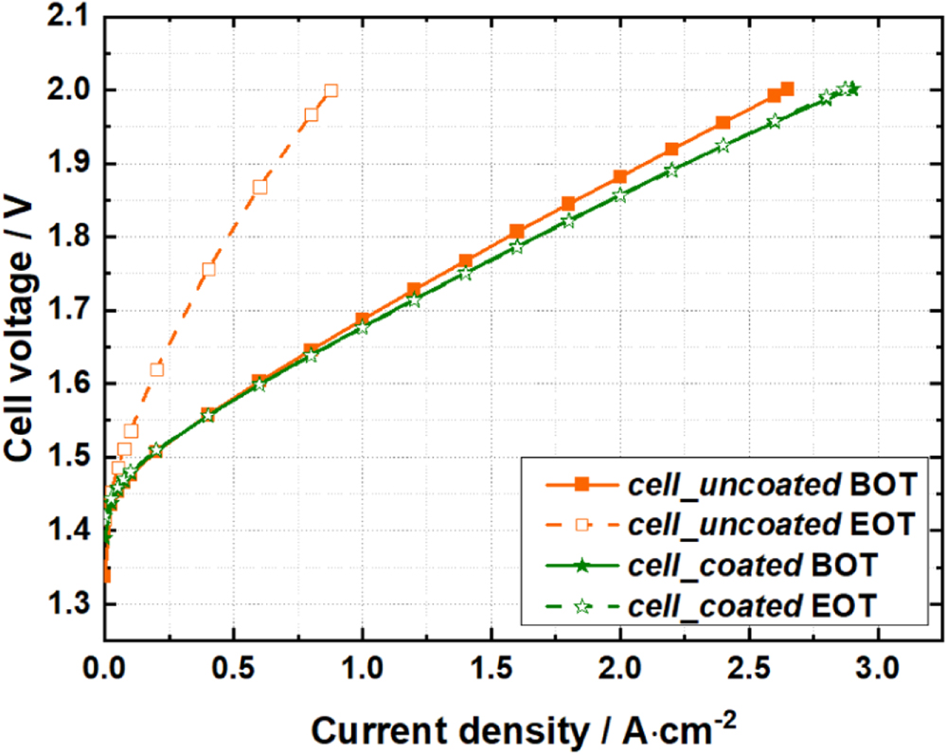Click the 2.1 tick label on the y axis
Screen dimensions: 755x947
pyautogui.click(x=66, y=17)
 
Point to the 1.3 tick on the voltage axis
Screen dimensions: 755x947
pyautogui.click(x=66, y=603)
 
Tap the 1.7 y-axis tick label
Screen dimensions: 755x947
pyautogui.click(x=66, y=310)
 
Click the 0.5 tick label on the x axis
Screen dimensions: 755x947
pyautogui.click(x=233, y=674)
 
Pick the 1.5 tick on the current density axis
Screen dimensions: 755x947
pyautogui.click(x=491, y=674)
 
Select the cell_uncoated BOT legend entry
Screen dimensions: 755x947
pyautogui.click(x=729, y=484)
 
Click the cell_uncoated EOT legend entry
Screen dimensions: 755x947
pyautogui.click(x=729, y=524)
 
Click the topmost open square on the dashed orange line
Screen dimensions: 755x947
pyautogui.click(x=331, y=91)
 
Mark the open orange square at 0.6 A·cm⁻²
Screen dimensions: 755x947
pyautogui.click(x=259, y=187)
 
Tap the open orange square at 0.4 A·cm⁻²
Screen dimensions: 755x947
pyautogui.click(x=208, y=269)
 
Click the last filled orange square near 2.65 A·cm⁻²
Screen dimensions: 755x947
pyautogui.click(x=787, y=89)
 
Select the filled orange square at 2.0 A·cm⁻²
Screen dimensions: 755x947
pyautogui.click(x=620, y=177)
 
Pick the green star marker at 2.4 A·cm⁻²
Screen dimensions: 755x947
pyautogui.click(x=723, y=146)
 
